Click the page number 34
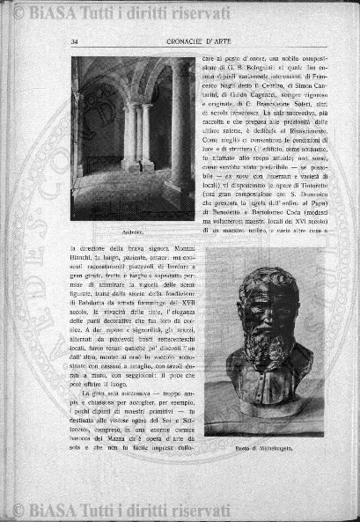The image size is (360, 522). coord(76,40)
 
